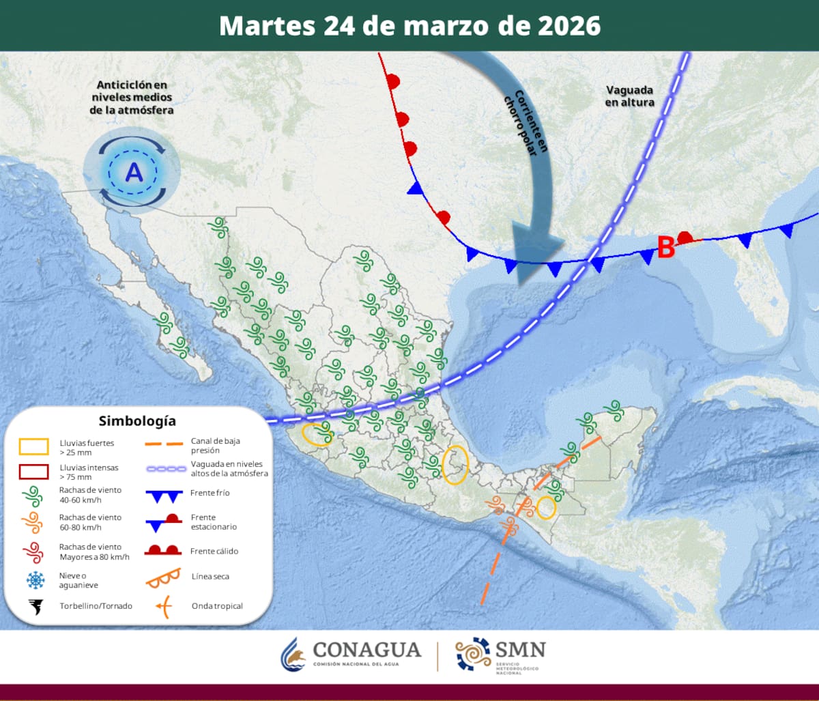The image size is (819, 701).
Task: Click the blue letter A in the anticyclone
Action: pos(134,173)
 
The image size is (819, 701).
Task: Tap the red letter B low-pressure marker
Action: pos(666,247)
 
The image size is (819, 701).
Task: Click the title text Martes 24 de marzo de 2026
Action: pos(409,26)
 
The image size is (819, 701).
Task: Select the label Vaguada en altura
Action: pos(629,96)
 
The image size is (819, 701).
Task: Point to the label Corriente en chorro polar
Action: pos(526,123)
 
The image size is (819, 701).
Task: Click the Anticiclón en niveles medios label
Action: pos(132,97)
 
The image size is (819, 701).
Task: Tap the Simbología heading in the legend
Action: pos(136,421)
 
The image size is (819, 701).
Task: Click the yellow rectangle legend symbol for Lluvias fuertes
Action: pos(33,447)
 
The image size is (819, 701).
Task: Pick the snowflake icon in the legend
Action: pos(34,580)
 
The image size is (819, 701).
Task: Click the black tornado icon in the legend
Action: pos(34,606)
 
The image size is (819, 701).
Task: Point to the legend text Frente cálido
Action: pos(214,551)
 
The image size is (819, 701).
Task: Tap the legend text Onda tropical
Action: pos(218,606)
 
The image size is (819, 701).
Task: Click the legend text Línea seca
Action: pos(210,577)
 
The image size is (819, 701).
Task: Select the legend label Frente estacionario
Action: pos(214,522)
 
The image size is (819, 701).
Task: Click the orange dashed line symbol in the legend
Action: pos(164,446)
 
